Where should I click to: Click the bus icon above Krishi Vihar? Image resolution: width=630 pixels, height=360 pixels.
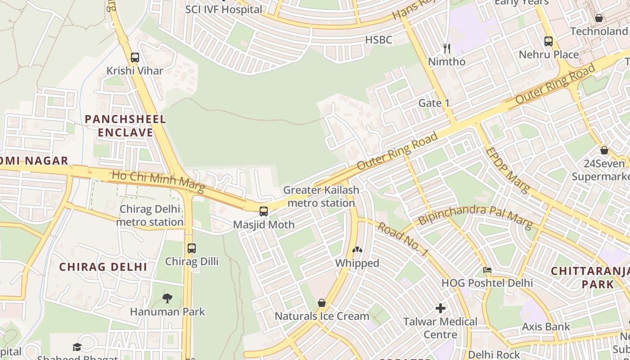(135, 58)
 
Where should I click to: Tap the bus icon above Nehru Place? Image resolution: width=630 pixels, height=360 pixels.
(548, 41)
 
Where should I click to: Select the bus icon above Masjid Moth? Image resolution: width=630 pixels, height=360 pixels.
(264, 211)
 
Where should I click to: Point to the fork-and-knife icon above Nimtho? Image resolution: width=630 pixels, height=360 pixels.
(446, 48)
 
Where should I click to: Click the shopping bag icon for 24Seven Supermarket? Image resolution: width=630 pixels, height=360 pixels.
(604, 150)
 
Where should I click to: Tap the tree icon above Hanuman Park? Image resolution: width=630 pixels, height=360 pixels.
(167, 298)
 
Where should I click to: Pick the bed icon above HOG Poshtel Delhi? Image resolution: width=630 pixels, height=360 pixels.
(487, 270)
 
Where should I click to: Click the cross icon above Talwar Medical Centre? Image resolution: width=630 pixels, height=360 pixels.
(441, 308)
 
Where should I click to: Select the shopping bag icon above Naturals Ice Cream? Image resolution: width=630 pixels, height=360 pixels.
(321, 303)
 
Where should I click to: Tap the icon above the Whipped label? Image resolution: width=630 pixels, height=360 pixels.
(357, 250)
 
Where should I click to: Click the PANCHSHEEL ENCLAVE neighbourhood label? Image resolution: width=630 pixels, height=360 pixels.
(126, 126)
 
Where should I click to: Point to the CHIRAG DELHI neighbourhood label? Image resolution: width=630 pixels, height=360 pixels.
(103, 267)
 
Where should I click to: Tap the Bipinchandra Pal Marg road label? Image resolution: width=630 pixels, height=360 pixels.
(475, 216)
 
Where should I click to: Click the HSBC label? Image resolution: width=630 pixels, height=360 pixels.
(378, 40)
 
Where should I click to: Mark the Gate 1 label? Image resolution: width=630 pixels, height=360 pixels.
(434, 103)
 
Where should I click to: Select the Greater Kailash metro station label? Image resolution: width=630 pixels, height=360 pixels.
(321, 196)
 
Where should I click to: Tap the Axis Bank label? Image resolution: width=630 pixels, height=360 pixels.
(545, 327)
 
